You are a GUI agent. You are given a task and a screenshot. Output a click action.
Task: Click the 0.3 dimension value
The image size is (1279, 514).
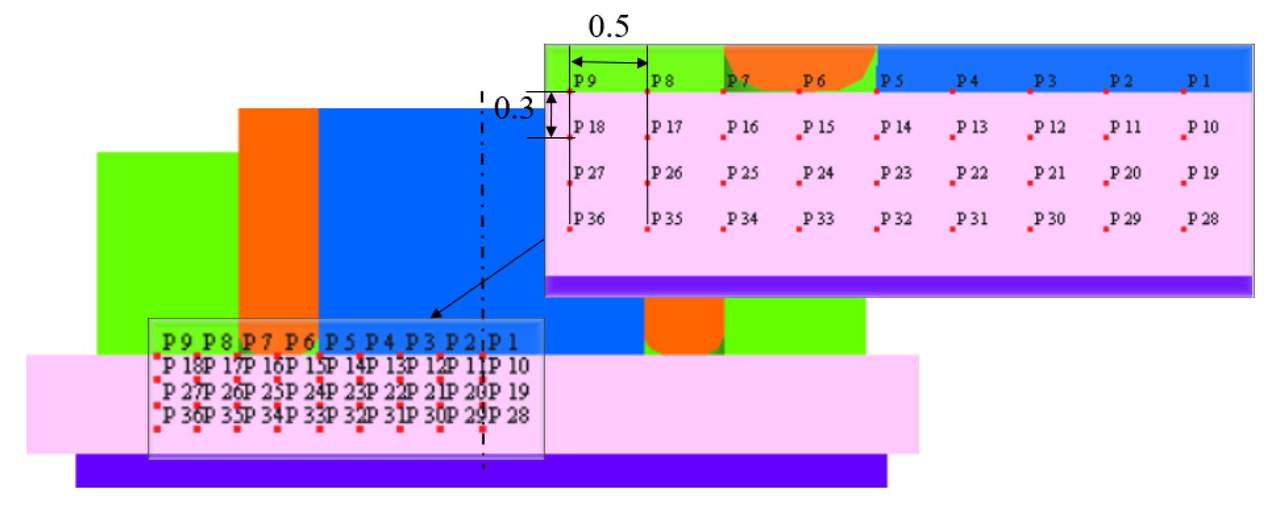tap(514, 108)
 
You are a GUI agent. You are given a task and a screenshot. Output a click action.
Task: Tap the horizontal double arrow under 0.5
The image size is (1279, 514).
tap(609, 62)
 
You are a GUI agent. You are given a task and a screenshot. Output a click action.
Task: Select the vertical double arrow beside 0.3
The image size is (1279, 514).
tap(551, 114)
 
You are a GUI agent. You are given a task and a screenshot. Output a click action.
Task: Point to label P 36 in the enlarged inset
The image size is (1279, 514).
tap(589, 219)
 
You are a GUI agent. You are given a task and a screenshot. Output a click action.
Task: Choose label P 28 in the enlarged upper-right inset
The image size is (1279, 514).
tap(1202, 219)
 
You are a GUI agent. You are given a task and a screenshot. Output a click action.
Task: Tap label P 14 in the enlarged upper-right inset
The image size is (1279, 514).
tap(896, 127)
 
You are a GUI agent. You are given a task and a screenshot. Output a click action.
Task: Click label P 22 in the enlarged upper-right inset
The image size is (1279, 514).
tap(972, 173)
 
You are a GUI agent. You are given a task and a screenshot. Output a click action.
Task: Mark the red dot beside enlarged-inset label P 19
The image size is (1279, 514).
tap(1184, 183)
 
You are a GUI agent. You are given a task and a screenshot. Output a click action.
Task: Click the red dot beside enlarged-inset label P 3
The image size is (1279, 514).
tap(1030, 91)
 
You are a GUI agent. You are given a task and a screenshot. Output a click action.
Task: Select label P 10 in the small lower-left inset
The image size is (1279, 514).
tap(509, 366)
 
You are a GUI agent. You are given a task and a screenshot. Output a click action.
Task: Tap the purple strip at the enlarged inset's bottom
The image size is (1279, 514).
tap(899, 286)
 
